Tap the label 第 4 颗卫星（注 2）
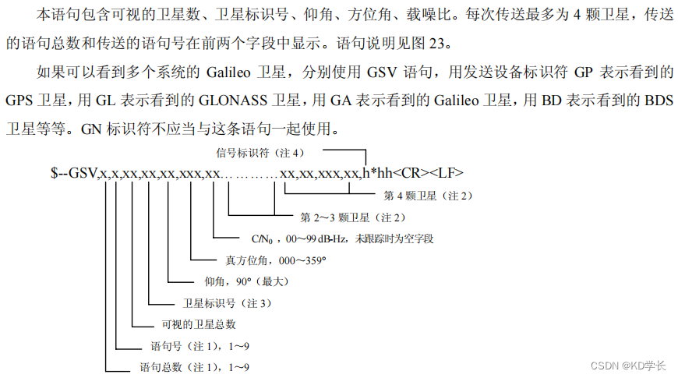[x=428, y=195]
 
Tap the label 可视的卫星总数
[x=198, y=323]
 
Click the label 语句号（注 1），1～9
[x=195, y=345]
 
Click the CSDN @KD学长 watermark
[x=627, y=365]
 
